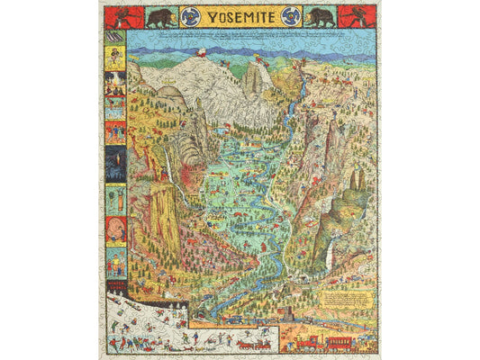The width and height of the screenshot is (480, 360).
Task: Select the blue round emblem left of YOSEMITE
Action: [190, 16]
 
